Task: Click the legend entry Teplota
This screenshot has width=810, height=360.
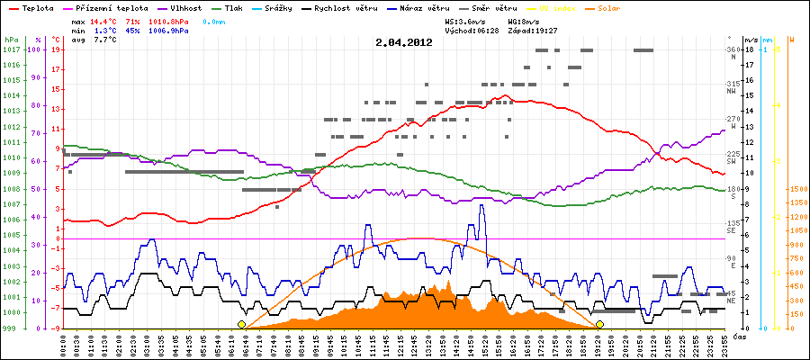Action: pyautogui.click(x=36, y=8)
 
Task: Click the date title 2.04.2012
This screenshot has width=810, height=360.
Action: pyautogui.click(x=405, y=41)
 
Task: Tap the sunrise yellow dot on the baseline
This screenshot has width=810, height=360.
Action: pyautogui.click(x=241, y=324)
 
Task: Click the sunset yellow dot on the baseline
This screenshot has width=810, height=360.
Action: pyautogui.click(x=599, y=324)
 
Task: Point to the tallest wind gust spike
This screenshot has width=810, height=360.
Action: pyautogui.click(x=481, y=206)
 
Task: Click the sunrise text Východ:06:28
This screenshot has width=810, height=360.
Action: pyautogui.click(x=472, y=30)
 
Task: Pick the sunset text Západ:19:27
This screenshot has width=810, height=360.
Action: pyautogui.click(x=535, y=30)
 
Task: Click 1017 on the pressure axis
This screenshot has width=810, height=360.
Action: pyautogui.click(x=11, y=49)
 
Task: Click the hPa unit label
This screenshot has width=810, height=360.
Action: pyautogui.click(x=11, y=40)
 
